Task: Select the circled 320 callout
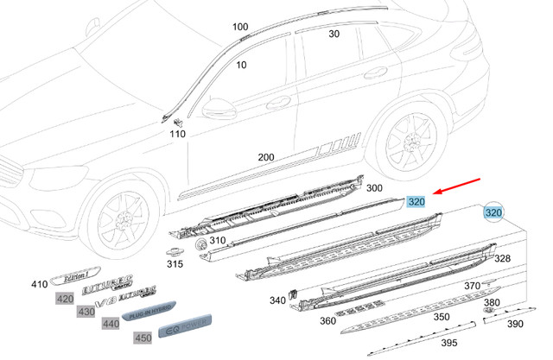(x=493, y=212)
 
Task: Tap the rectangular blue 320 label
(x=416, y=202)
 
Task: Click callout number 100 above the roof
(x=240, y=28)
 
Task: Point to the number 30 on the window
(x=334, y=35)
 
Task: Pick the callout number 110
(x=178, y=134)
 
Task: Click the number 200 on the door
(x=266, y=157)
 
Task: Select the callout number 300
(x=374, y=187)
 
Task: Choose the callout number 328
(x=502, y=258)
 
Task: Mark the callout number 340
(x=277, y=300)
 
